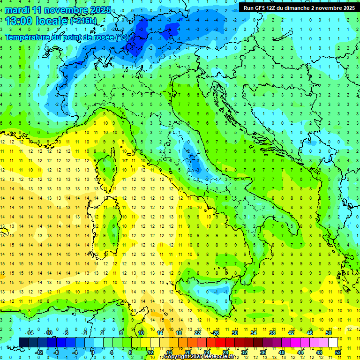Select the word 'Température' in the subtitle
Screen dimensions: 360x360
coord(30,37)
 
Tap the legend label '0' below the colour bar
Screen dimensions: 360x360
coord(92,352)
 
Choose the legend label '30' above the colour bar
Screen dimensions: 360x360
coord(234,333)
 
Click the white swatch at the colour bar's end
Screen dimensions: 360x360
coord(333,342)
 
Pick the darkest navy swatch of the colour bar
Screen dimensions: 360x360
coord(23,342)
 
